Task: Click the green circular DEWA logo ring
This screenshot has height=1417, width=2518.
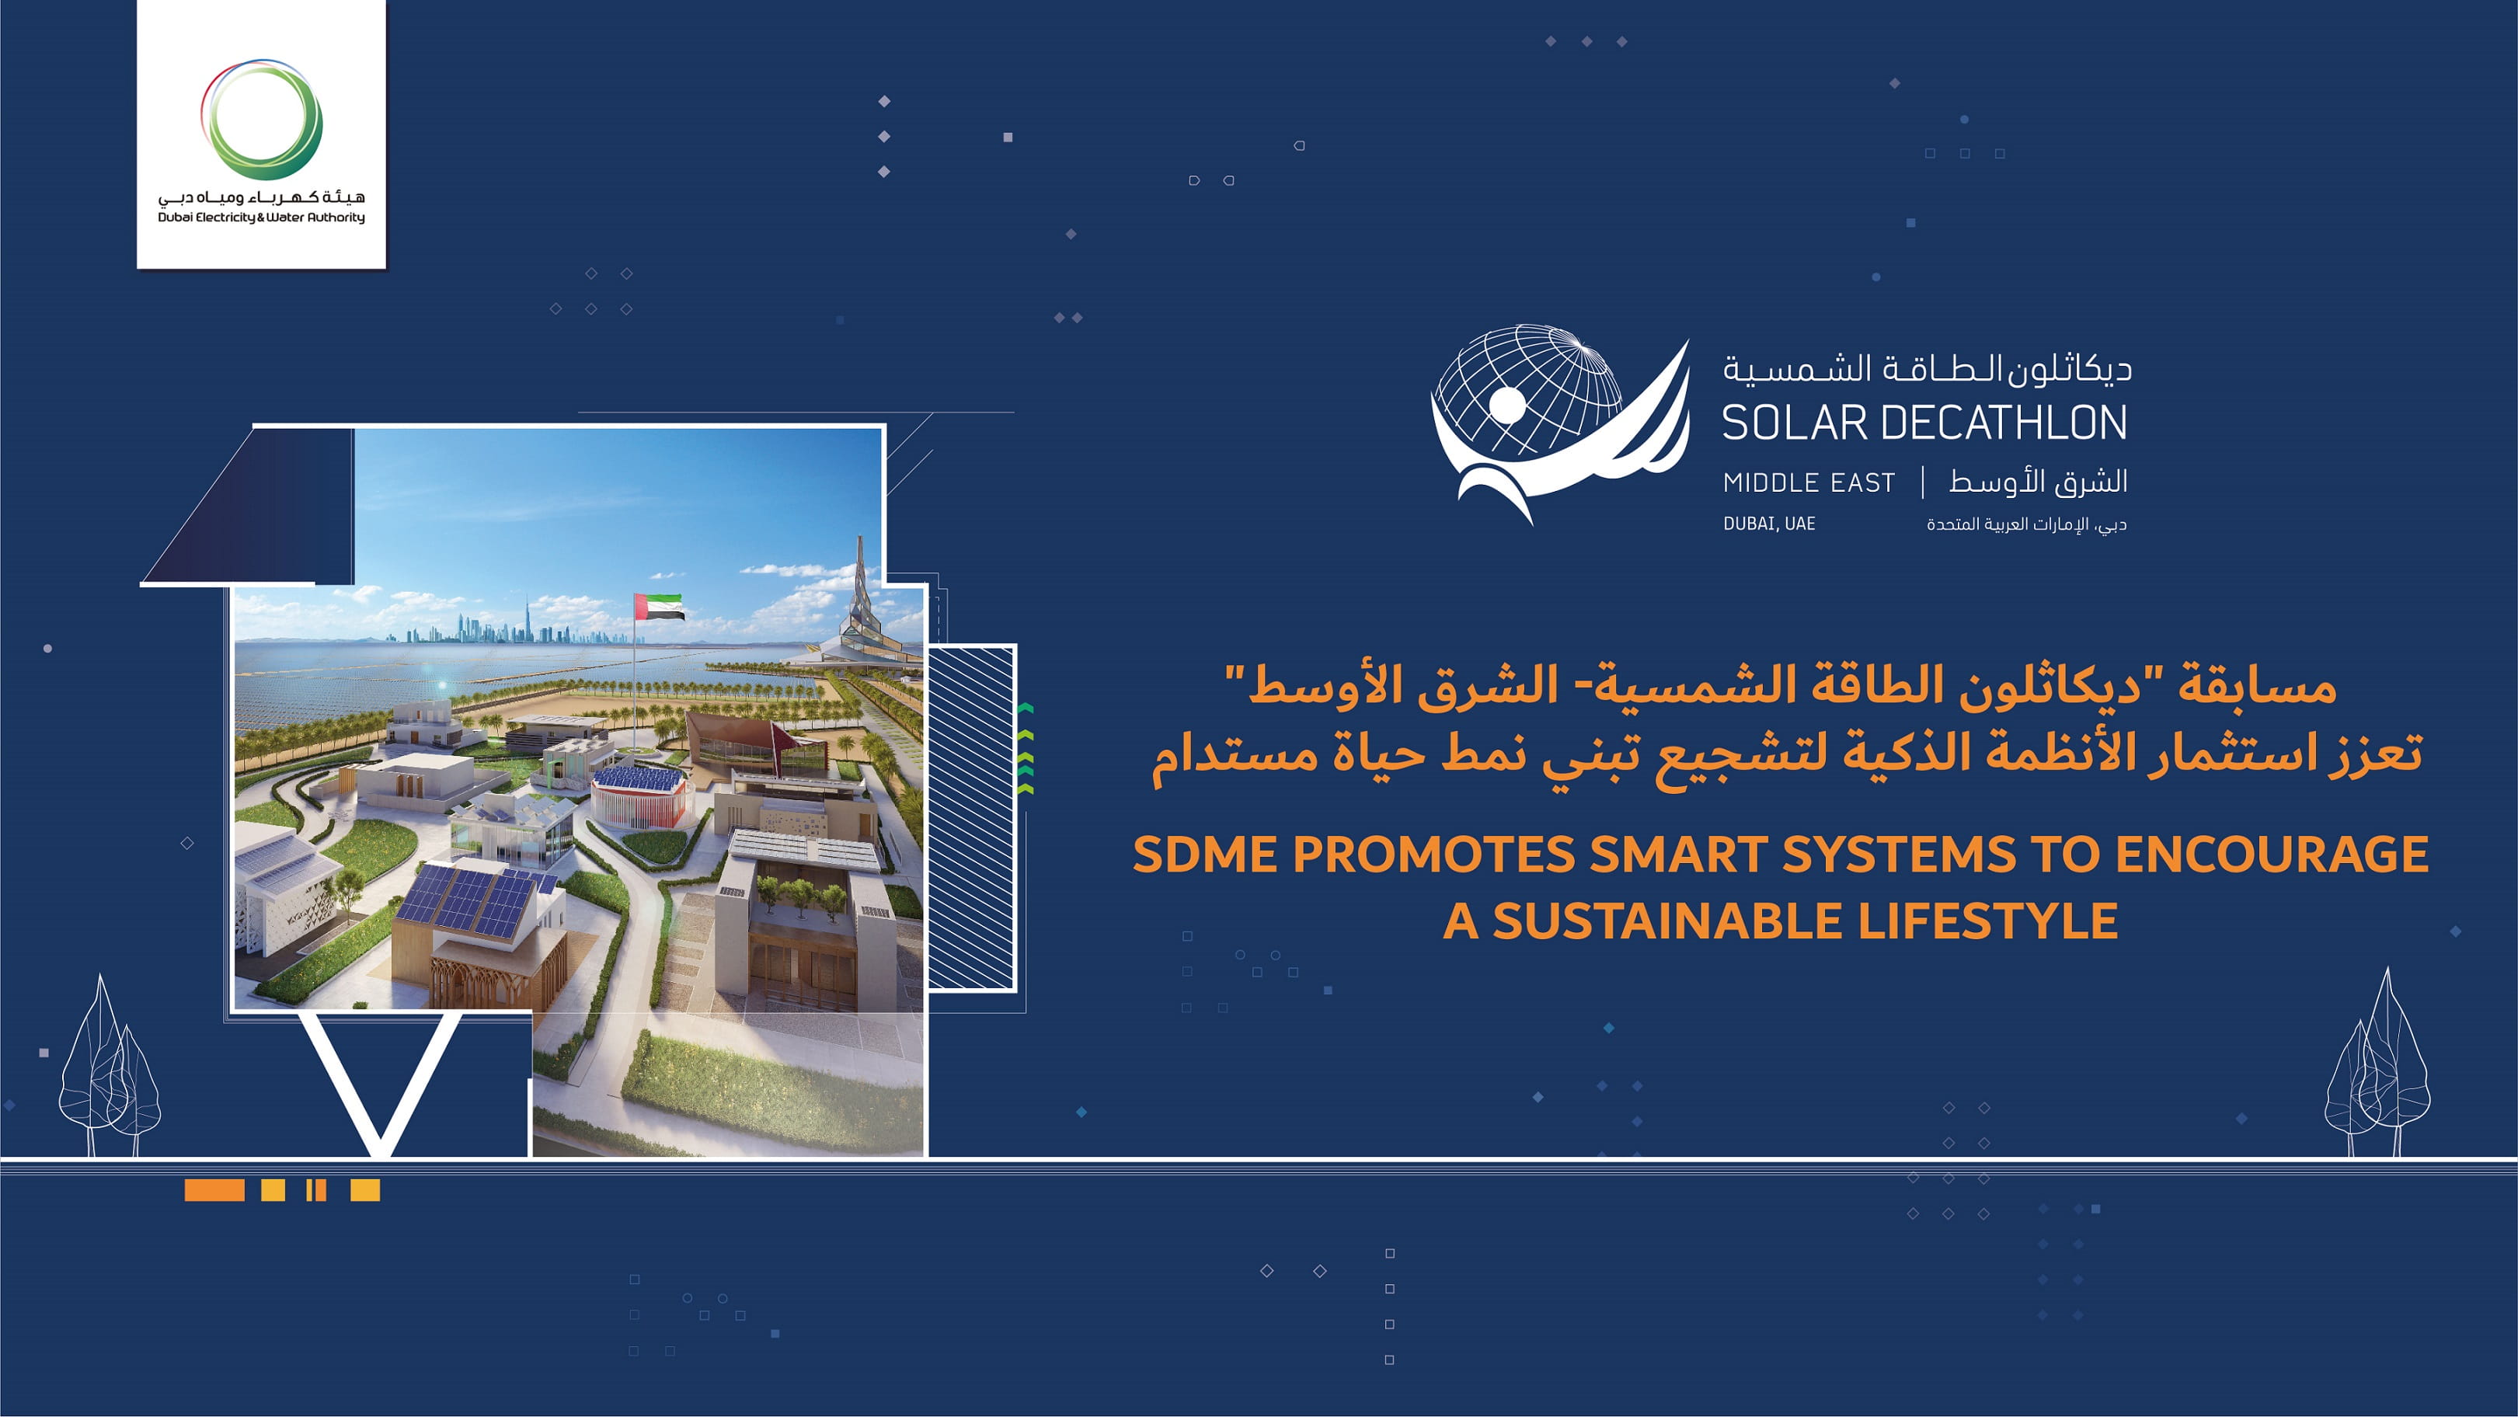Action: (261, 120)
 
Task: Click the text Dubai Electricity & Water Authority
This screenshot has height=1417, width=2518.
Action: (261, 217)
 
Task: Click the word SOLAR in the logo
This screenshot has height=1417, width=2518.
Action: (1795, 423)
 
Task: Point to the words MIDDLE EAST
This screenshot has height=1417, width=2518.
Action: (1809, 482)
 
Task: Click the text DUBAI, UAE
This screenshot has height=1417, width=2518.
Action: (1769, 524)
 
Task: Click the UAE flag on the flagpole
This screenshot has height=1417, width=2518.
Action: (660, 607)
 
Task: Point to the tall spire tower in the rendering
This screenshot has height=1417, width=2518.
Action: (860, 587)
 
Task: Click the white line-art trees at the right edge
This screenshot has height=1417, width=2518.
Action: (2378, 1070)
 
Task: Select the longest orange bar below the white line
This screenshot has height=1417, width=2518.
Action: (214, 1189)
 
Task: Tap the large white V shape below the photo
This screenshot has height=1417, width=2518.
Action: (381, 1085)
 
